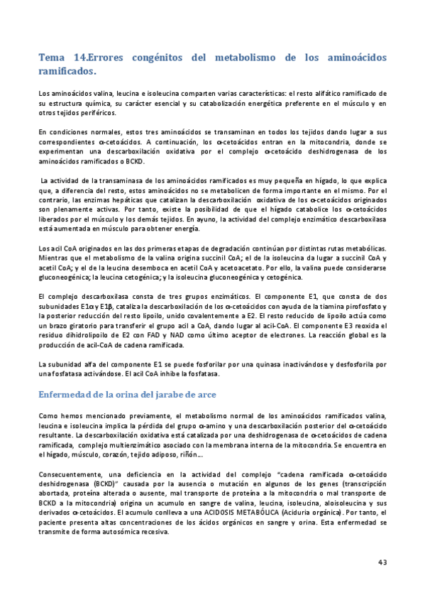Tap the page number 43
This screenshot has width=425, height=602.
click(x=382, y=562)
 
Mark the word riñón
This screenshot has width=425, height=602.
click(x=192, y=455)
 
